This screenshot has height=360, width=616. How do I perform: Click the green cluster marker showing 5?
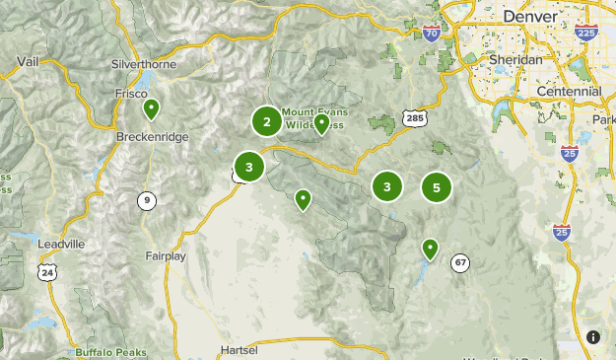pyautogui.click(x=436, y=186)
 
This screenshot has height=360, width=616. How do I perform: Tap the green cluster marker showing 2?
pyautogui.click(x=266, y=121)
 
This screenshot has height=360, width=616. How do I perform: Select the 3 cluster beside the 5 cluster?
pyautogui.click(x=387, y=186)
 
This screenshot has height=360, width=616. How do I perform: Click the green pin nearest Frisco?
pyautogui.click(x=151, y=108)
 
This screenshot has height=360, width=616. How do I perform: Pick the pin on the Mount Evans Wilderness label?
pyautogui.click(x=321, y=123)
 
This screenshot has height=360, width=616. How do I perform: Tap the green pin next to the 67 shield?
pyautogui.click(x=430, y=248)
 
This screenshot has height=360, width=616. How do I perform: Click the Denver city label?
pyautogui.click(x=529, y=17)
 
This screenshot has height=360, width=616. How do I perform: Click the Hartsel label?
pyautogui.click(x=240, y=350)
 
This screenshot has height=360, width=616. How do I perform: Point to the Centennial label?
pyautogui.click(x=569, y=91)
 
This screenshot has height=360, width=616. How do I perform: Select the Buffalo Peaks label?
pyautogui.click(x=110, y=352)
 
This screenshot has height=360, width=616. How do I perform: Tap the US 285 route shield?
pyautogui.click(x=413, y=118)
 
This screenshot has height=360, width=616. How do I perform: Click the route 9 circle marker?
pyautogui.click(x=146, y=200)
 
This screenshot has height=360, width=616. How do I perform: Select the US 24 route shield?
pyautogui.click(x=48, y=271)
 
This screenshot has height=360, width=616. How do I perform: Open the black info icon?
pyautogui.click(x=593, y=337)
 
